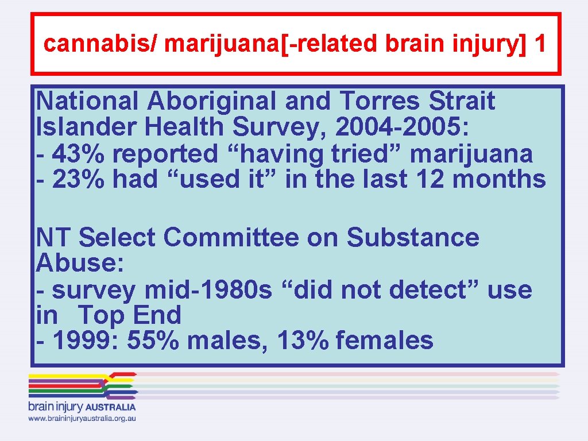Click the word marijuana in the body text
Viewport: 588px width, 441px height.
click(x=472, y=154)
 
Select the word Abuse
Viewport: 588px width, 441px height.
click(x=77, y=264)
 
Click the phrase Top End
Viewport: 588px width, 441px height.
click(x=129, y=315)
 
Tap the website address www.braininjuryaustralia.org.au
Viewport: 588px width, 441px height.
click(x=82, y=419)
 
